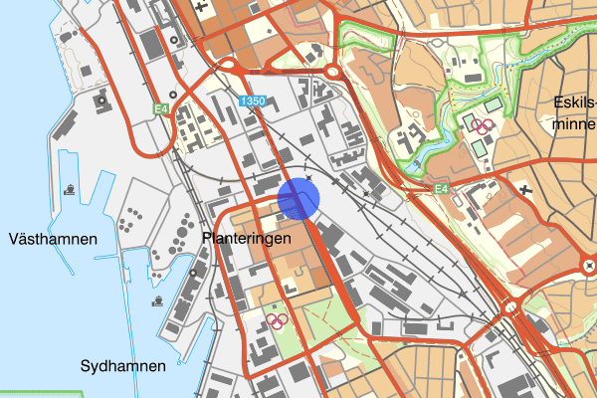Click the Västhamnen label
pos(52,240)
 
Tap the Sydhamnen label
pos(123,366)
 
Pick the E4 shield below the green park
pos(442,188)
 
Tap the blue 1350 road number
pos(253,101)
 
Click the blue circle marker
pos(298,198)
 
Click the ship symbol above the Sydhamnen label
pos(157,298)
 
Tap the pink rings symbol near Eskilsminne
pos(484,126)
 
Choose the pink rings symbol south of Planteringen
pos(277,320)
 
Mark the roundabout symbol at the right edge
pos(588,265)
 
